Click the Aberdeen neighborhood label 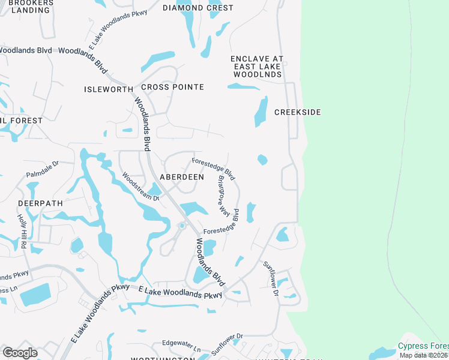[181, 177]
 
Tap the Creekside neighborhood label [298, 112]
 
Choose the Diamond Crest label [198, 8]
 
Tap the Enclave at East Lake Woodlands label [258, 67]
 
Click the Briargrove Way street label [224, 195]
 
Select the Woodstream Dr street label [140, 187]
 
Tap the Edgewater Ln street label [181, 346]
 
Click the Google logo [20, 352]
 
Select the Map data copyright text [424, 355]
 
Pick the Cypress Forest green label [423, 347]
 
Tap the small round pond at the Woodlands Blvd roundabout [181, 226]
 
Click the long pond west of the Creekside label [261, 112]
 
